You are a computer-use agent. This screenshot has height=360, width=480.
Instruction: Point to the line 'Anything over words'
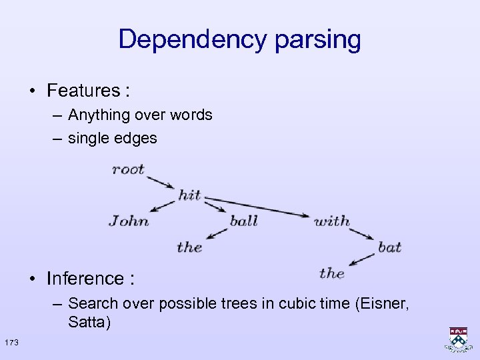coord(140,115)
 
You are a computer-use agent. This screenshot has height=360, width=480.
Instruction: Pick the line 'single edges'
coord(113,138)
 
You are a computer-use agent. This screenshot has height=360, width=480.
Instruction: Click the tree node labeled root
coord(128,169)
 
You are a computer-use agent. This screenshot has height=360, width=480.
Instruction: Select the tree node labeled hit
coord(189,195)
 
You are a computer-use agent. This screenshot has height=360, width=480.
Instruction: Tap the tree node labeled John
coord(129,221)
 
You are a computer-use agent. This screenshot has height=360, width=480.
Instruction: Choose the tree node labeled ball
coord(243,221)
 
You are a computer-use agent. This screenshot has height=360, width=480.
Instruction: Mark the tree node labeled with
coord(331,221)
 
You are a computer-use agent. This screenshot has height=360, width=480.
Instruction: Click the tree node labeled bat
coord(389,247)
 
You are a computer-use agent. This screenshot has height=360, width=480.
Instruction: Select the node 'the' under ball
coord(189,247)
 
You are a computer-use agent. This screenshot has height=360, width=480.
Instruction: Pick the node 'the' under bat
coord(331,273)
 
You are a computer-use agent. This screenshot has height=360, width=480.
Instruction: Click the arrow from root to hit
coord(161,181)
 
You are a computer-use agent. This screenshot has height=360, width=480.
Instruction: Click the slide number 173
coord(11,342)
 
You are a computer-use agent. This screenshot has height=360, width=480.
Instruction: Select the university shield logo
coord(458,339)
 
